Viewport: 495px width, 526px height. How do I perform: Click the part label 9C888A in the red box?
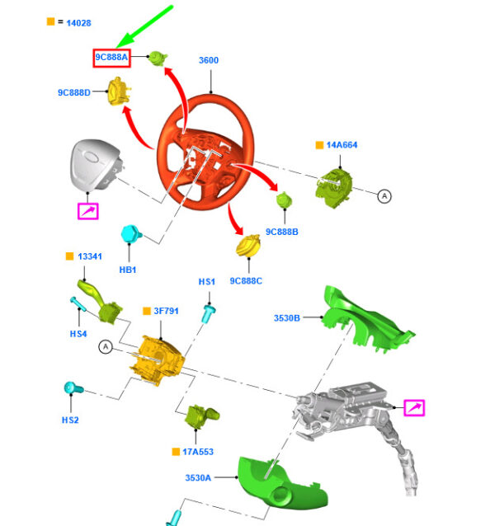pyautogui.click(x=112, y=58)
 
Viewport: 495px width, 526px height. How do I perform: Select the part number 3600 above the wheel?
pyautogui.click(x=210, y=60)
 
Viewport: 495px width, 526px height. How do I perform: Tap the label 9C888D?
pyautogui.click(x=74, y=92)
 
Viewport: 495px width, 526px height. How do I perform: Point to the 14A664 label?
pyautogui.click(x=341, y=145)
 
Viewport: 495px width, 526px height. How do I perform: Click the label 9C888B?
pyautogui.click(x=281, y=232)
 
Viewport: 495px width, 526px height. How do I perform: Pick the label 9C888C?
pyautogui.click(x=246, y=281)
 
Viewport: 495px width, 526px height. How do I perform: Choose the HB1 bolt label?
pyautogui.click(x=127, y=270)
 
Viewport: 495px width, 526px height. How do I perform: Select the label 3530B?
pyautogui.click(x=287, y=317)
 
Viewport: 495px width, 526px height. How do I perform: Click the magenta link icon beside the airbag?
pyautogui.click(x=87, y=212)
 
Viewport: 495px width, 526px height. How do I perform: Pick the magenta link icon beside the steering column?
pyautogui.click(x=413, y=406)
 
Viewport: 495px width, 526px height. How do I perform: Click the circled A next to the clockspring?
pyautogui.click(x=384, y=195)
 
